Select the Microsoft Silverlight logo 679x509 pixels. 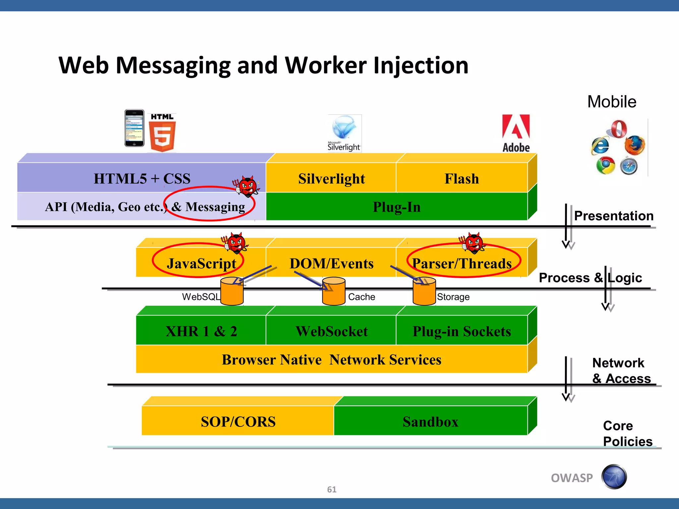coord(344,133)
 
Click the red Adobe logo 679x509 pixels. coord(516,133)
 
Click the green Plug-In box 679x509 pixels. coord(397,207)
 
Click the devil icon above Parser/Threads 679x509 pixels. coord(473,243)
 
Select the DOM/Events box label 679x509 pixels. coord(331,263)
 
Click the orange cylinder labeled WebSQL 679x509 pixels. coord(232,291)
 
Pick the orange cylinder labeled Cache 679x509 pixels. coord(334,291)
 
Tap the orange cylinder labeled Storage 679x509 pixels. coord(424,291)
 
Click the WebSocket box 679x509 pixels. coord(331,331)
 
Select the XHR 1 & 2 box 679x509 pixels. coord(201,331)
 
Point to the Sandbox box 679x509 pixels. coord(430,421)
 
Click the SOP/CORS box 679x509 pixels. coord(238,421)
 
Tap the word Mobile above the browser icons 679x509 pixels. coord(612,102)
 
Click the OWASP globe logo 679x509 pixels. coord(614,477)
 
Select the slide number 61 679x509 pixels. coord(332,489)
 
